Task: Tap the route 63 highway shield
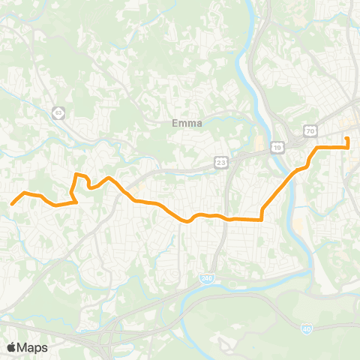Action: coord(58,112)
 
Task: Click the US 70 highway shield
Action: coord(308,130)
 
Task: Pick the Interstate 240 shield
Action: coord(206,278)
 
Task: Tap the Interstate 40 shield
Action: coord(307,328)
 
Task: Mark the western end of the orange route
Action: coord(11,203)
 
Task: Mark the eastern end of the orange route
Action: coord(347,138)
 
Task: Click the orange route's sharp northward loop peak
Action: coord(76,175)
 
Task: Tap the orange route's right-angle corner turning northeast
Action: coord(261,220)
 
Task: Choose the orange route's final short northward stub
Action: coord(347,142)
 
